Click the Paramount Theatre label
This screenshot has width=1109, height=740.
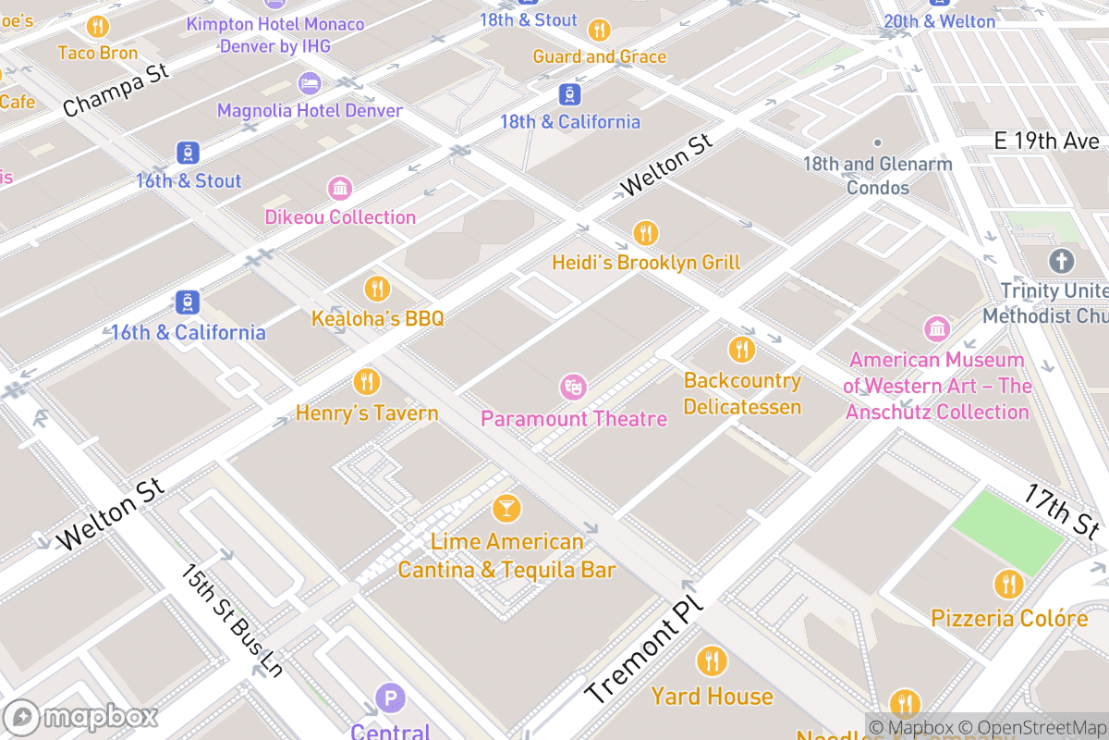click(573, 419)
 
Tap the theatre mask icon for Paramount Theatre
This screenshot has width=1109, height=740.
click(573, 386)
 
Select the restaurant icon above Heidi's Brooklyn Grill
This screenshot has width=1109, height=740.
click(645, 232)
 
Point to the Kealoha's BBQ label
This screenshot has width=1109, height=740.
click(377, 318)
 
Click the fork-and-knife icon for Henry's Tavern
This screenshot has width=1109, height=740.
click(366, 381)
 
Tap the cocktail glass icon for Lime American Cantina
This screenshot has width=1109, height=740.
click(506, 508)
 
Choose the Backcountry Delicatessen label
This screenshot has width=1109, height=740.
click(742, 393)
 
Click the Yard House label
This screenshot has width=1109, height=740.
click(712, 696)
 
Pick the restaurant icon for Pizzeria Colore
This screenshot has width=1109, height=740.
click(1007, 585)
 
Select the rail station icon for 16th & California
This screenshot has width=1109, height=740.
click(188, 302)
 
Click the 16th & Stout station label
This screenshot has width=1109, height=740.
click(189, 181)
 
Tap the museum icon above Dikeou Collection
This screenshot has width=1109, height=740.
click(340, 189)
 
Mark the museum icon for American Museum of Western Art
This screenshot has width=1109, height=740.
click(937, 328)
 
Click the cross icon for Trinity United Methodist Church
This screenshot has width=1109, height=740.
click(1060, 260)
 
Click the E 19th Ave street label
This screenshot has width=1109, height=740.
click(1047, 142)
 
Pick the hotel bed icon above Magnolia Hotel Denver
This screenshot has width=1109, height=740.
click(310, 83)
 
